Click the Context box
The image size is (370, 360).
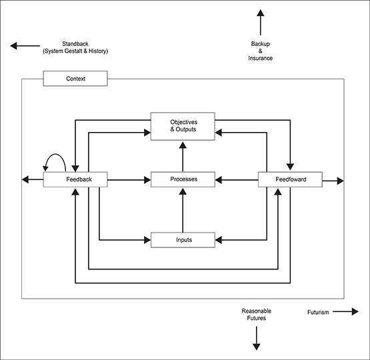click(75, 79)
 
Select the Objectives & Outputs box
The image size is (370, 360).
click(183, 127)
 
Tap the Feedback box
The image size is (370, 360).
click(75, 179)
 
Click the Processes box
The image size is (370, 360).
click(183, 179)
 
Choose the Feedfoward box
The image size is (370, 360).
click(290, 179)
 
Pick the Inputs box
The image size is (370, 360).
click(183, 240)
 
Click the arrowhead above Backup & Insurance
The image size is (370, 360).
click(261, 13)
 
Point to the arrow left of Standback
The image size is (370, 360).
click(25, 46)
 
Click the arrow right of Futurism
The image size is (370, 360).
click(346, 311)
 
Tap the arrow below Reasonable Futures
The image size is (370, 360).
click(257, 338)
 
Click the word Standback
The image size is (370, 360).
click(75, 44)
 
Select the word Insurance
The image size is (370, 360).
click(260, 58)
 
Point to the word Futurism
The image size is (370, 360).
click(318, 313)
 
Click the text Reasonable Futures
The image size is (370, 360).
click(257, 315)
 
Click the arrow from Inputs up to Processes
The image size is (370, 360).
click(183, 210)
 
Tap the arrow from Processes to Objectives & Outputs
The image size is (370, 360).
click(183, 157)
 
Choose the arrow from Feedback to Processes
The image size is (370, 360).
click(129, 180)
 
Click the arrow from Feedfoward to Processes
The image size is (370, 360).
click(237, 180)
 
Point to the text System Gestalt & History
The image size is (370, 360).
click(75, 51)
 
